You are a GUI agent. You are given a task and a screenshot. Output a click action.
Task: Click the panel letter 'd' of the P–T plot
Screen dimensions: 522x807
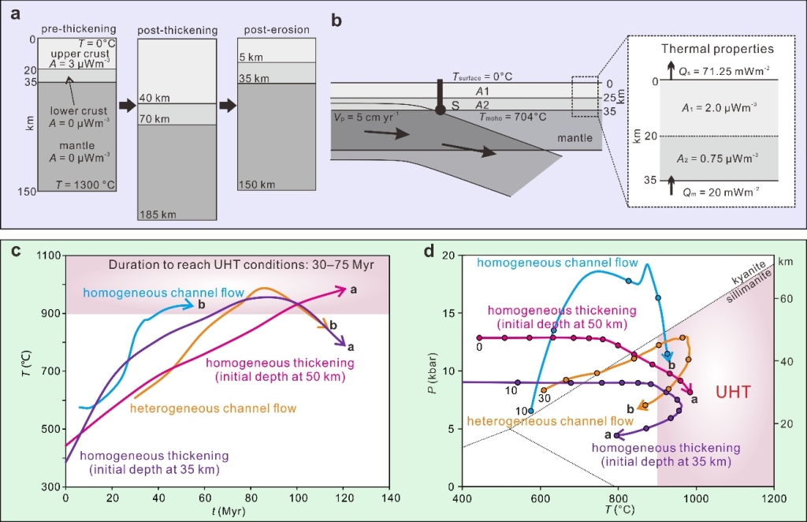click(x=430, y=252)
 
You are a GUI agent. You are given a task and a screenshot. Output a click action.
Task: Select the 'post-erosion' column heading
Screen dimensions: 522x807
click(x=273, y=30)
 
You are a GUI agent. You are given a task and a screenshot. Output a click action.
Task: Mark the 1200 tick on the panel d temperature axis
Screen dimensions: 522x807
click(x=773, y=498)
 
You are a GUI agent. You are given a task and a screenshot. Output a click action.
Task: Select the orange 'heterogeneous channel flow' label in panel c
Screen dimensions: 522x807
click(x=213, y=408)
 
